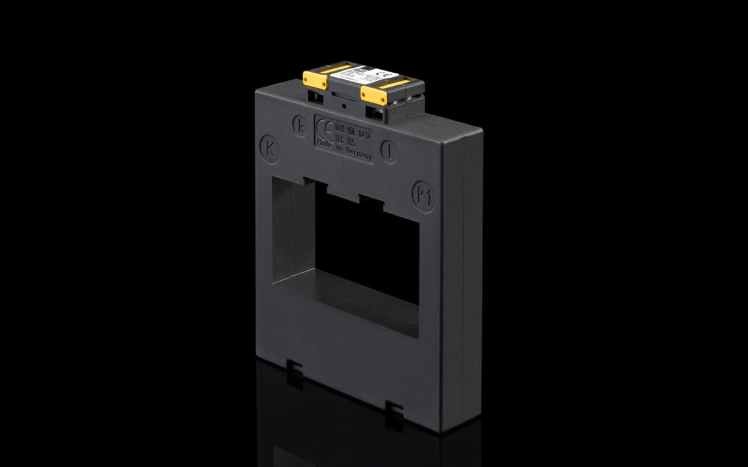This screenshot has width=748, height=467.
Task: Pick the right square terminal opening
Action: click(377, 113)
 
